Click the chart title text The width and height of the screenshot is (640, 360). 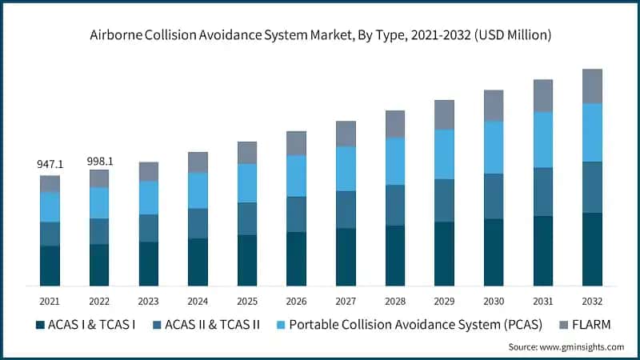(x=320, y=34)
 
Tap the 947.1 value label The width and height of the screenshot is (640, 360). (x=50, y=164)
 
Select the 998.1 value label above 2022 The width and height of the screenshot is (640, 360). (x=99, y=161)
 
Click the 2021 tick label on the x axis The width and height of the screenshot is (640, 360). (x=50, y=301)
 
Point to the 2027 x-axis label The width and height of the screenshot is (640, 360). (x=346, y=301)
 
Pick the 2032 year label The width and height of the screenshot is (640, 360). (x=592, y=301)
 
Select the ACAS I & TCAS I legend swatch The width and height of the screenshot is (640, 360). (x=40, y=325)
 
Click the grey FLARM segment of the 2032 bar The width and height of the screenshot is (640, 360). (x=592, y=86)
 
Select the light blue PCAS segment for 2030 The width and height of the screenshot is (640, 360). (x=494, y=147)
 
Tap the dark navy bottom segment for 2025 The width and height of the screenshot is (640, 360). (x=247, y=260)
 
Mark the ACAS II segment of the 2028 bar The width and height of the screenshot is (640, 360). (x=395, y=205)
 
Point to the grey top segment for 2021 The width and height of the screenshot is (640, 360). (x=50, y=183)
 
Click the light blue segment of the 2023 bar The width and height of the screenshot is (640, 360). (x=149, y=198)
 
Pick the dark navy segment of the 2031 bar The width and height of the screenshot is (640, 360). (x=543, y=250)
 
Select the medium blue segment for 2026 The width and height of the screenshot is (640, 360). (x=296, y=214)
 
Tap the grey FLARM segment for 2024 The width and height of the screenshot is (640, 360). (x=198, y=162)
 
